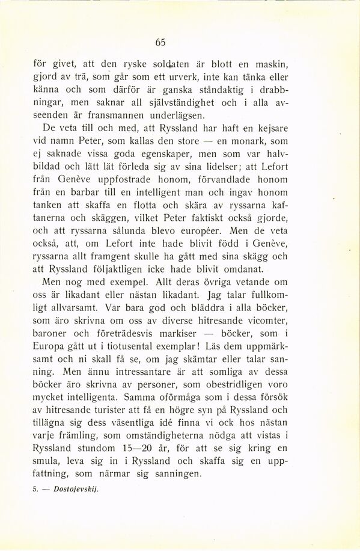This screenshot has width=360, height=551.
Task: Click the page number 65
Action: (159, 42)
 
